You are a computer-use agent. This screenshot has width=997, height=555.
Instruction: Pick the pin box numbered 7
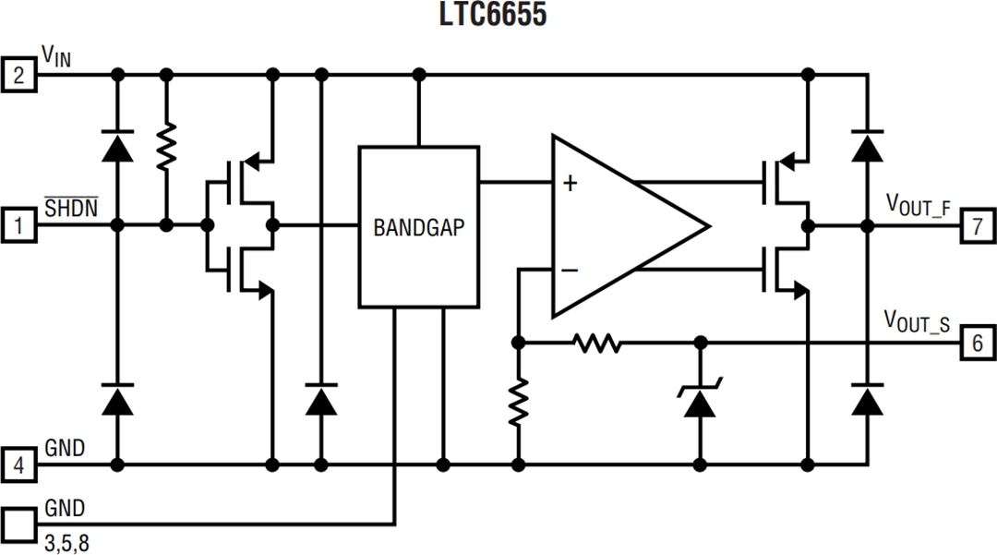coord(978,224)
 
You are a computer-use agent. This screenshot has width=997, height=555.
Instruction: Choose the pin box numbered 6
coord(978,344)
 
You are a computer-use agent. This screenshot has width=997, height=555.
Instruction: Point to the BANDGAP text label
coord(420,227)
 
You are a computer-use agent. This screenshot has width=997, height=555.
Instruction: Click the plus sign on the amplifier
coord(570,184)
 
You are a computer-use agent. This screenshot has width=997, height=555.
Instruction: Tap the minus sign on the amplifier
coord(570,270)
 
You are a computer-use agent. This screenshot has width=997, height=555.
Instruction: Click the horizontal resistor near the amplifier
coord(596,344)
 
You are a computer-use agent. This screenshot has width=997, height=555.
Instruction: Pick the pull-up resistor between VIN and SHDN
coord(166,148)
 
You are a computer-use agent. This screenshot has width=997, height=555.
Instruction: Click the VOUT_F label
coord(918,204)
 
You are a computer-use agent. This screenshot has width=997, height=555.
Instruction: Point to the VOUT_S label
coord(918,321)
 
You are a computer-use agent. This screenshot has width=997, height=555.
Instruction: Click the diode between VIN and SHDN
coord(117,146)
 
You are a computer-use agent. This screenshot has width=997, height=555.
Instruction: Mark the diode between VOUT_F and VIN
coord(866,146)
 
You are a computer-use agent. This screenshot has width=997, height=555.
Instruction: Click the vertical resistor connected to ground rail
coord(518,401)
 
